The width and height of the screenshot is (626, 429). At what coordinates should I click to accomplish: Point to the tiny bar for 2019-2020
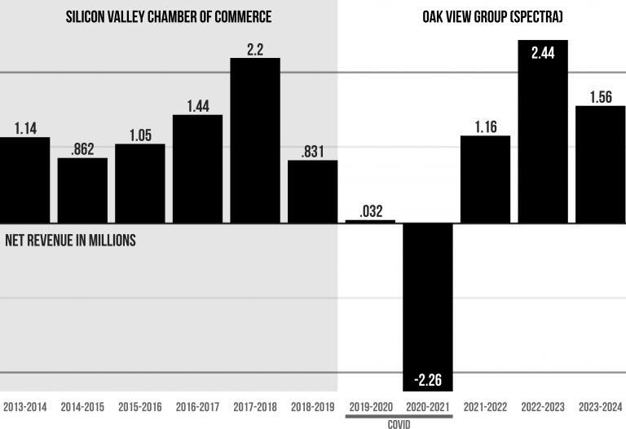pyautogui.click(x=370, y=221)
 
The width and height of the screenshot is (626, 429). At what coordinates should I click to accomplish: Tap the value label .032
pyautogui.click(x=370, y=210)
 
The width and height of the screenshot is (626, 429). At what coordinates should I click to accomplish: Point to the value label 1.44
pyautogui.click(x=197, y=104)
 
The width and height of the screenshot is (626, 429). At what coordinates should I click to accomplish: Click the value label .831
pyautogui.click(x=312, y=150)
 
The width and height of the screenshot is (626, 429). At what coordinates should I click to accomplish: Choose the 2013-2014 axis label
pyautogui.click(x=24, y=406)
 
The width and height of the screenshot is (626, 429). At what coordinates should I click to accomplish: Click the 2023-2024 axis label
pyautogui.click(x=601, y=406)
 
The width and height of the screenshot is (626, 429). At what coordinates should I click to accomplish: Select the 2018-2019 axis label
pyautogui.click(x=312, y=406)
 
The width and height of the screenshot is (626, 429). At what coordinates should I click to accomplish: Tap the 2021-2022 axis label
pyautogui.click(x=485, y=406)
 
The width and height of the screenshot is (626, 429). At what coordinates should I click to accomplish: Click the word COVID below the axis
pyautogui.click(x=399, y=424)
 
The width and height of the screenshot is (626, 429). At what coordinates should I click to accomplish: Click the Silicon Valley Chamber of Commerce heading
pyautogui.click(x=169, y=16)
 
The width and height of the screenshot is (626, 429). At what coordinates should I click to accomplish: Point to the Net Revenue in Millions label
pyautogui.click(x=70, y=241)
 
